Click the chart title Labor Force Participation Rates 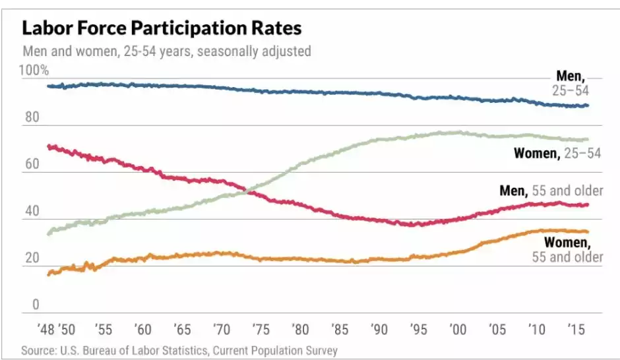point(162,28)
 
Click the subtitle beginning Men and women point(166,51)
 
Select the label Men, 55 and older point(551,191)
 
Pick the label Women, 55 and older point(567,249)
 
